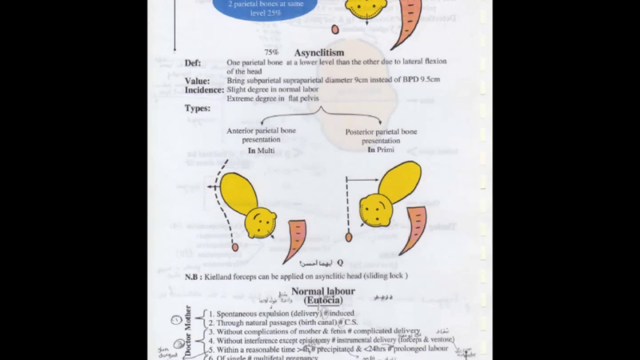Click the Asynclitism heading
(319, 52)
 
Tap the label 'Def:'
(192, 63)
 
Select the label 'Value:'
(197, 81)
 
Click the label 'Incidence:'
(204, 90)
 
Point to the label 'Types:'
(197, 108)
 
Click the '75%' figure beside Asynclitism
(271, 52)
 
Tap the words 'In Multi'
(261, 150)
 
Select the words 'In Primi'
(381, 149)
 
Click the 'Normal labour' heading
(323, 291)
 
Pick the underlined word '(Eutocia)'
(323, 300)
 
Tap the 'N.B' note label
(193, 276)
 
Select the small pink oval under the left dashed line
(235, 247)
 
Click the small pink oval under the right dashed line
(348, 237)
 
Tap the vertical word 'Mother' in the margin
(188, 318)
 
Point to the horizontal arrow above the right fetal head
(362, 179)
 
